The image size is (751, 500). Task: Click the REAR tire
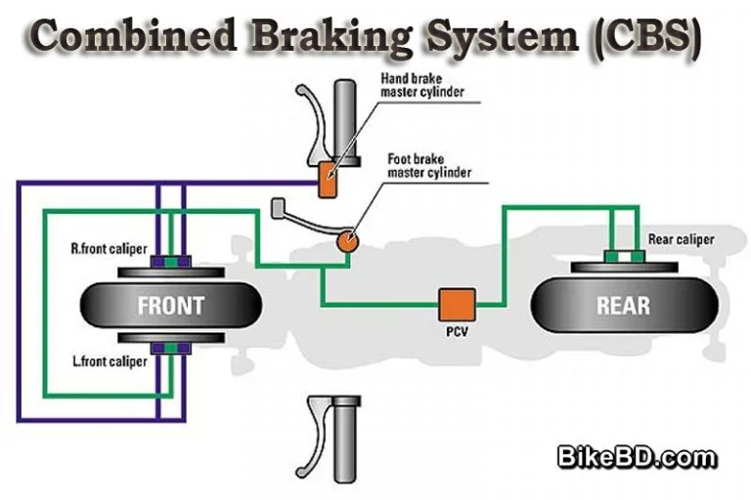(x=622, y=305)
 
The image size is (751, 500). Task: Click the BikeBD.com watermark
(x=637, y=456)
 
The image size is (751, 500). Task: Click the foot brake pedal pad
(x=278, y=206)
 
